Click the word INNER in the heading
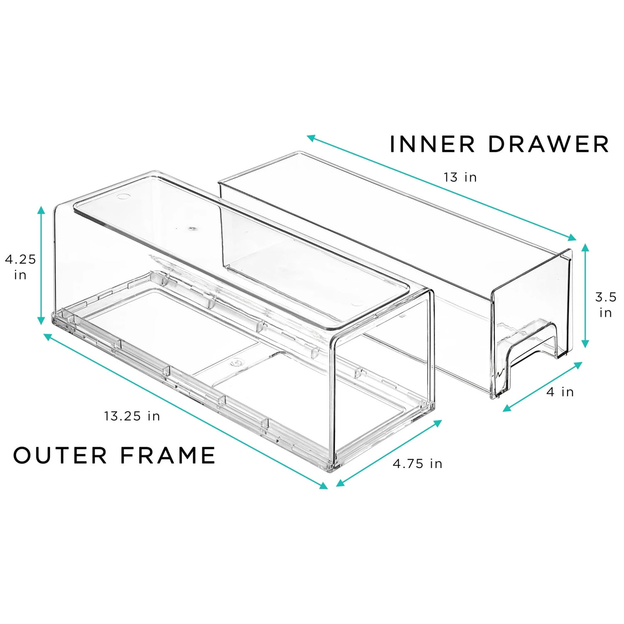click(432, 144)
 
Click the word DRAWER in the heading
click(548, 144)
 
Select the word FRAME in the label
click(168, 455)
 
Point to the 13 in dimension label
click(460, 177)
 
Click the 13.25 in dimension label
click(132, 416)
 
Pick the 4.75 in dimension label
click(417, 463)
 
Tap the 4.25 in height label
click(20, 267)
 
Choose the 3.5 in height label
click(605, 305)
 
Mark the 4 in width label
click(560, 392)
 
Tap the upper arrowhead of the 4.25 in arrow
click(41, 210)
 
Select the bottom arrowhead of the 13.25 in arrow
click(323, 485)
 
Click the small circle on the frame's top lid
click(124, 196)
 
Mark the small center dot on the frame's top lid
click(192, 228)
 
